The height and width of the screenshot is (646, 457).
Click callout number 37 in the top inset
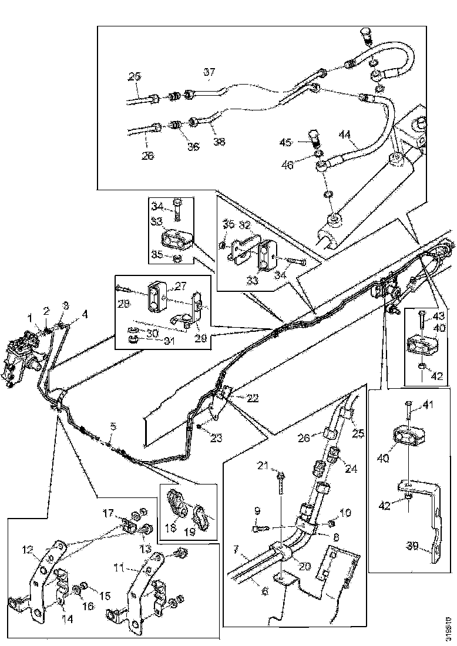point(210,72)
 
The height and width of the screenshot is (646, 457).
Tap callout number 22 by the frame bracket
point(253,398)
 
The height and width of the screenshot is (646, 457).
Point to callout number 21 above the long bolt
point(264,466)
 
